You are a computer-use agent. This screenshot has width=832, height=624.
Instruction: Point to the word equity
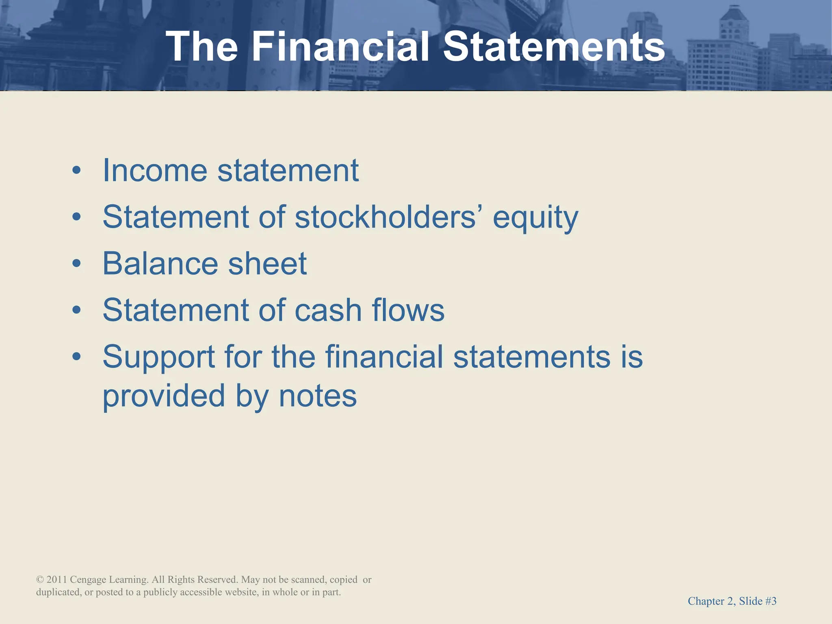(x=535, y=219)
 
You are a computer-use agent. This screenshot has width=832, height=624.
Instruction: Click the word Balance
(x=160, y=264)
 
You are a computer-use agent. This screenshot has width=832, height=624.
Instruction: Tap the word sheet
(x=267, y=264)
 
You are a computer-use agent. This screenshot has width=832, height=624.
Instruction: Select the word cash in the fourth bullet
(x=328, y=310)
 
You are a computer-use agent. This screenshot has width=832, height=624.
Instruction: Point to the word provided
(x=164, y=396)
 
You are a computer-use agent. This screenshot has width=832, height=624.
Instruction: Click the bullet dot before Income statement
(x=76, y=171)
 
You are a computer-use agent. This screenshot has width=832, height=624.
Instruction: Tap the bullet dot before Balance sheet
(x=76, y=264)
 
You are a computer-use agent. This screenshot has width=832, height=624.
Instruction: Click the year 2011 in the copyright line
(x=56, y=580)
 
